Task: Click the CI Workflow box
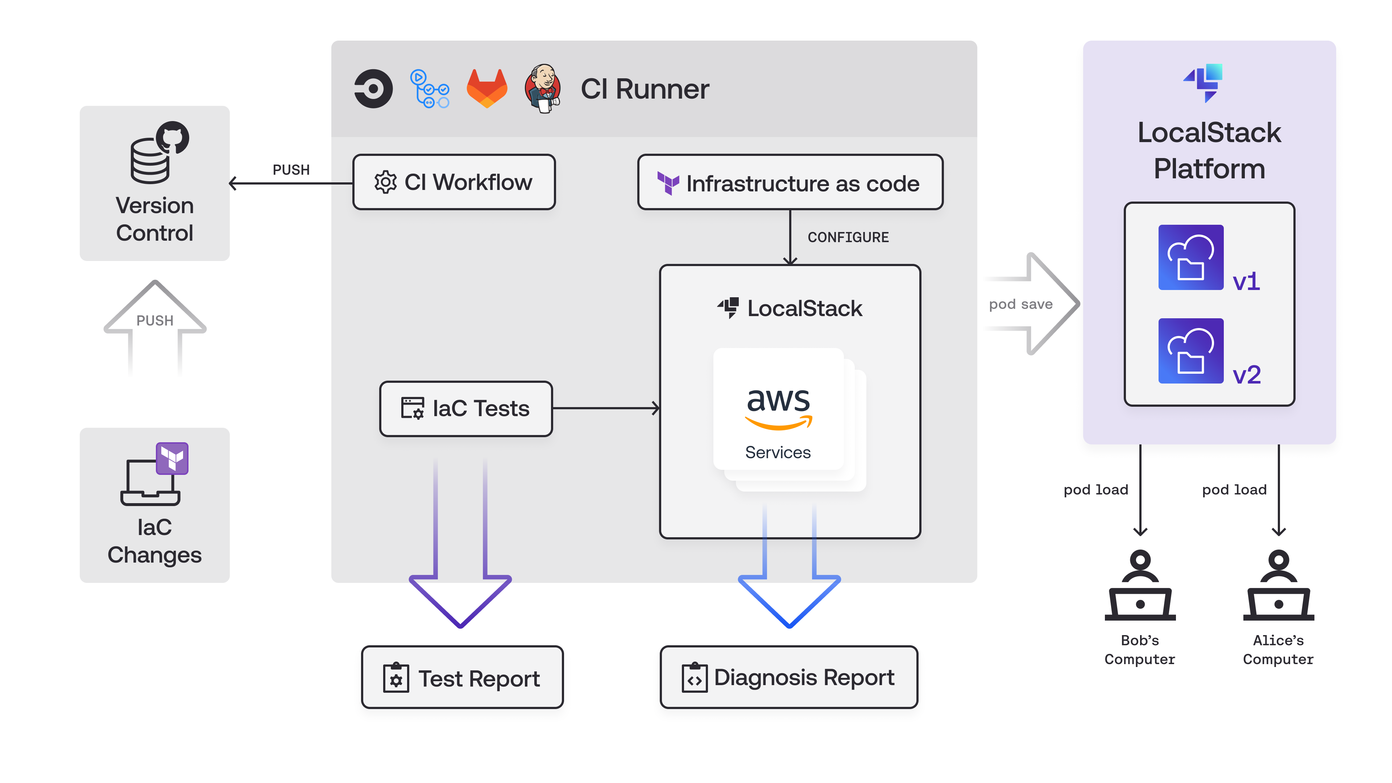click(x=454, y=182)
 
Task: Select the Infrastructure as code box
click(x=790, y=183)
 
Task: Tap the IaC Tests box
click(x=466, y=409)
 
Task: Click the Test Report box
click(x=462, y=678)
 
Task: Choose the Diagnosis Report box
click(x=788, y=678)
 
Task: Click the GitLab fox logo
click(x=486, y=88)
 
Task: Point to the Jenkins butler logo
click(x=543, y=88)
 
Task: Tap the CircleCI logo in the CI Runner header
click(x=373, y=88)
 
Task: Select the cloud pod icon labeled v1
click(x=1190, y=257)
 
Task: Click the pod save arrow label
click(x=1020, y=304)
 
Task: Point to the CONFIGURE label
click(x=848, y=237)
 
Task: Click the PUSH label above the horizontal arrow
click(x=291, y=170)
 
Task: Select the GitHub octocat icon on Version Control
click(x=173, y=137)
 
